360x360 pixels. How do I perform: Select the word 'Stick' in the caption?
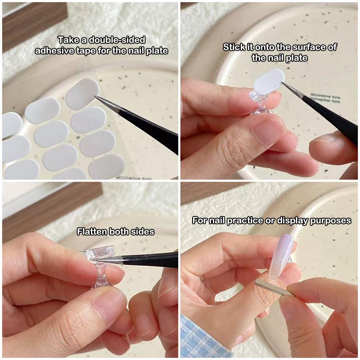click(234, 47)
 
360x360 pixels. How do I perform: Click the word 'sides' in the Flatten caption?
click(143, 232)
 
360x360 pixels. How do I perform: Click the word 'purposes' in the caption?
click(333, 220)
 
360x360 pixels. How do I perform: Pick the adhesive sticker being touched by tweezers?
click(82, 94)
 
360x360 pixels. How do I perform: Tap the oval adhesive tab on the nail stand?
click(269, 81)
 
